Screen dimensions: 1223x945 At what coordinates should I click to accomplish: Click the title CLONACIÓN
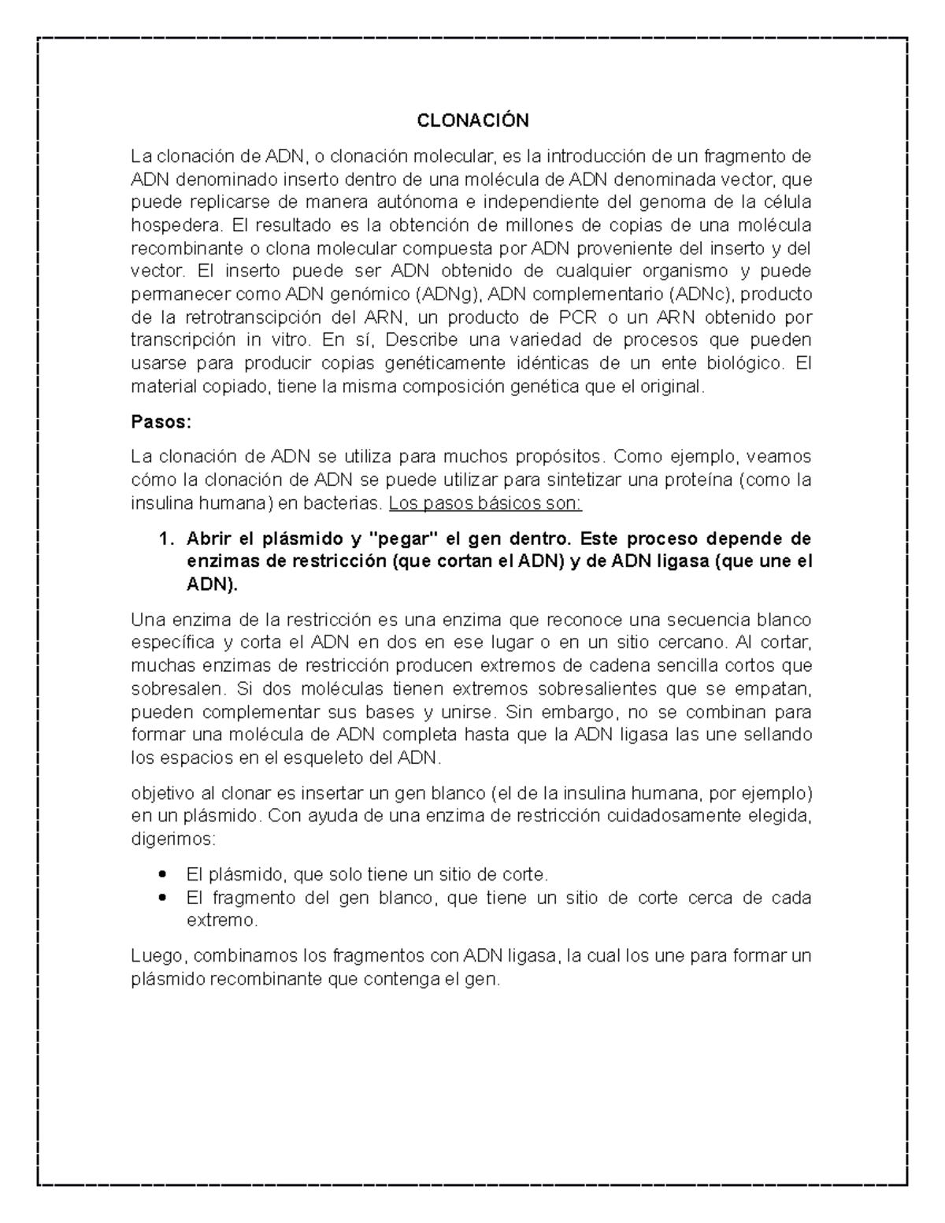[x=472, y=120]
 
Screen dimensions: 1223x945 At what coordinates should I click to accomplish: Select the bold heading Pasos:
[x=161, y=421]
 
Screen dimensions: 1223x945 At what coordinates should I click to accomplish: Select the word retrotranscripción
[x=252, y=317]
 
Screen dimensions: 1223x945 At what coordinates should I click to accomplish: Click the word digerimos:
[x=172, y=839]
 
